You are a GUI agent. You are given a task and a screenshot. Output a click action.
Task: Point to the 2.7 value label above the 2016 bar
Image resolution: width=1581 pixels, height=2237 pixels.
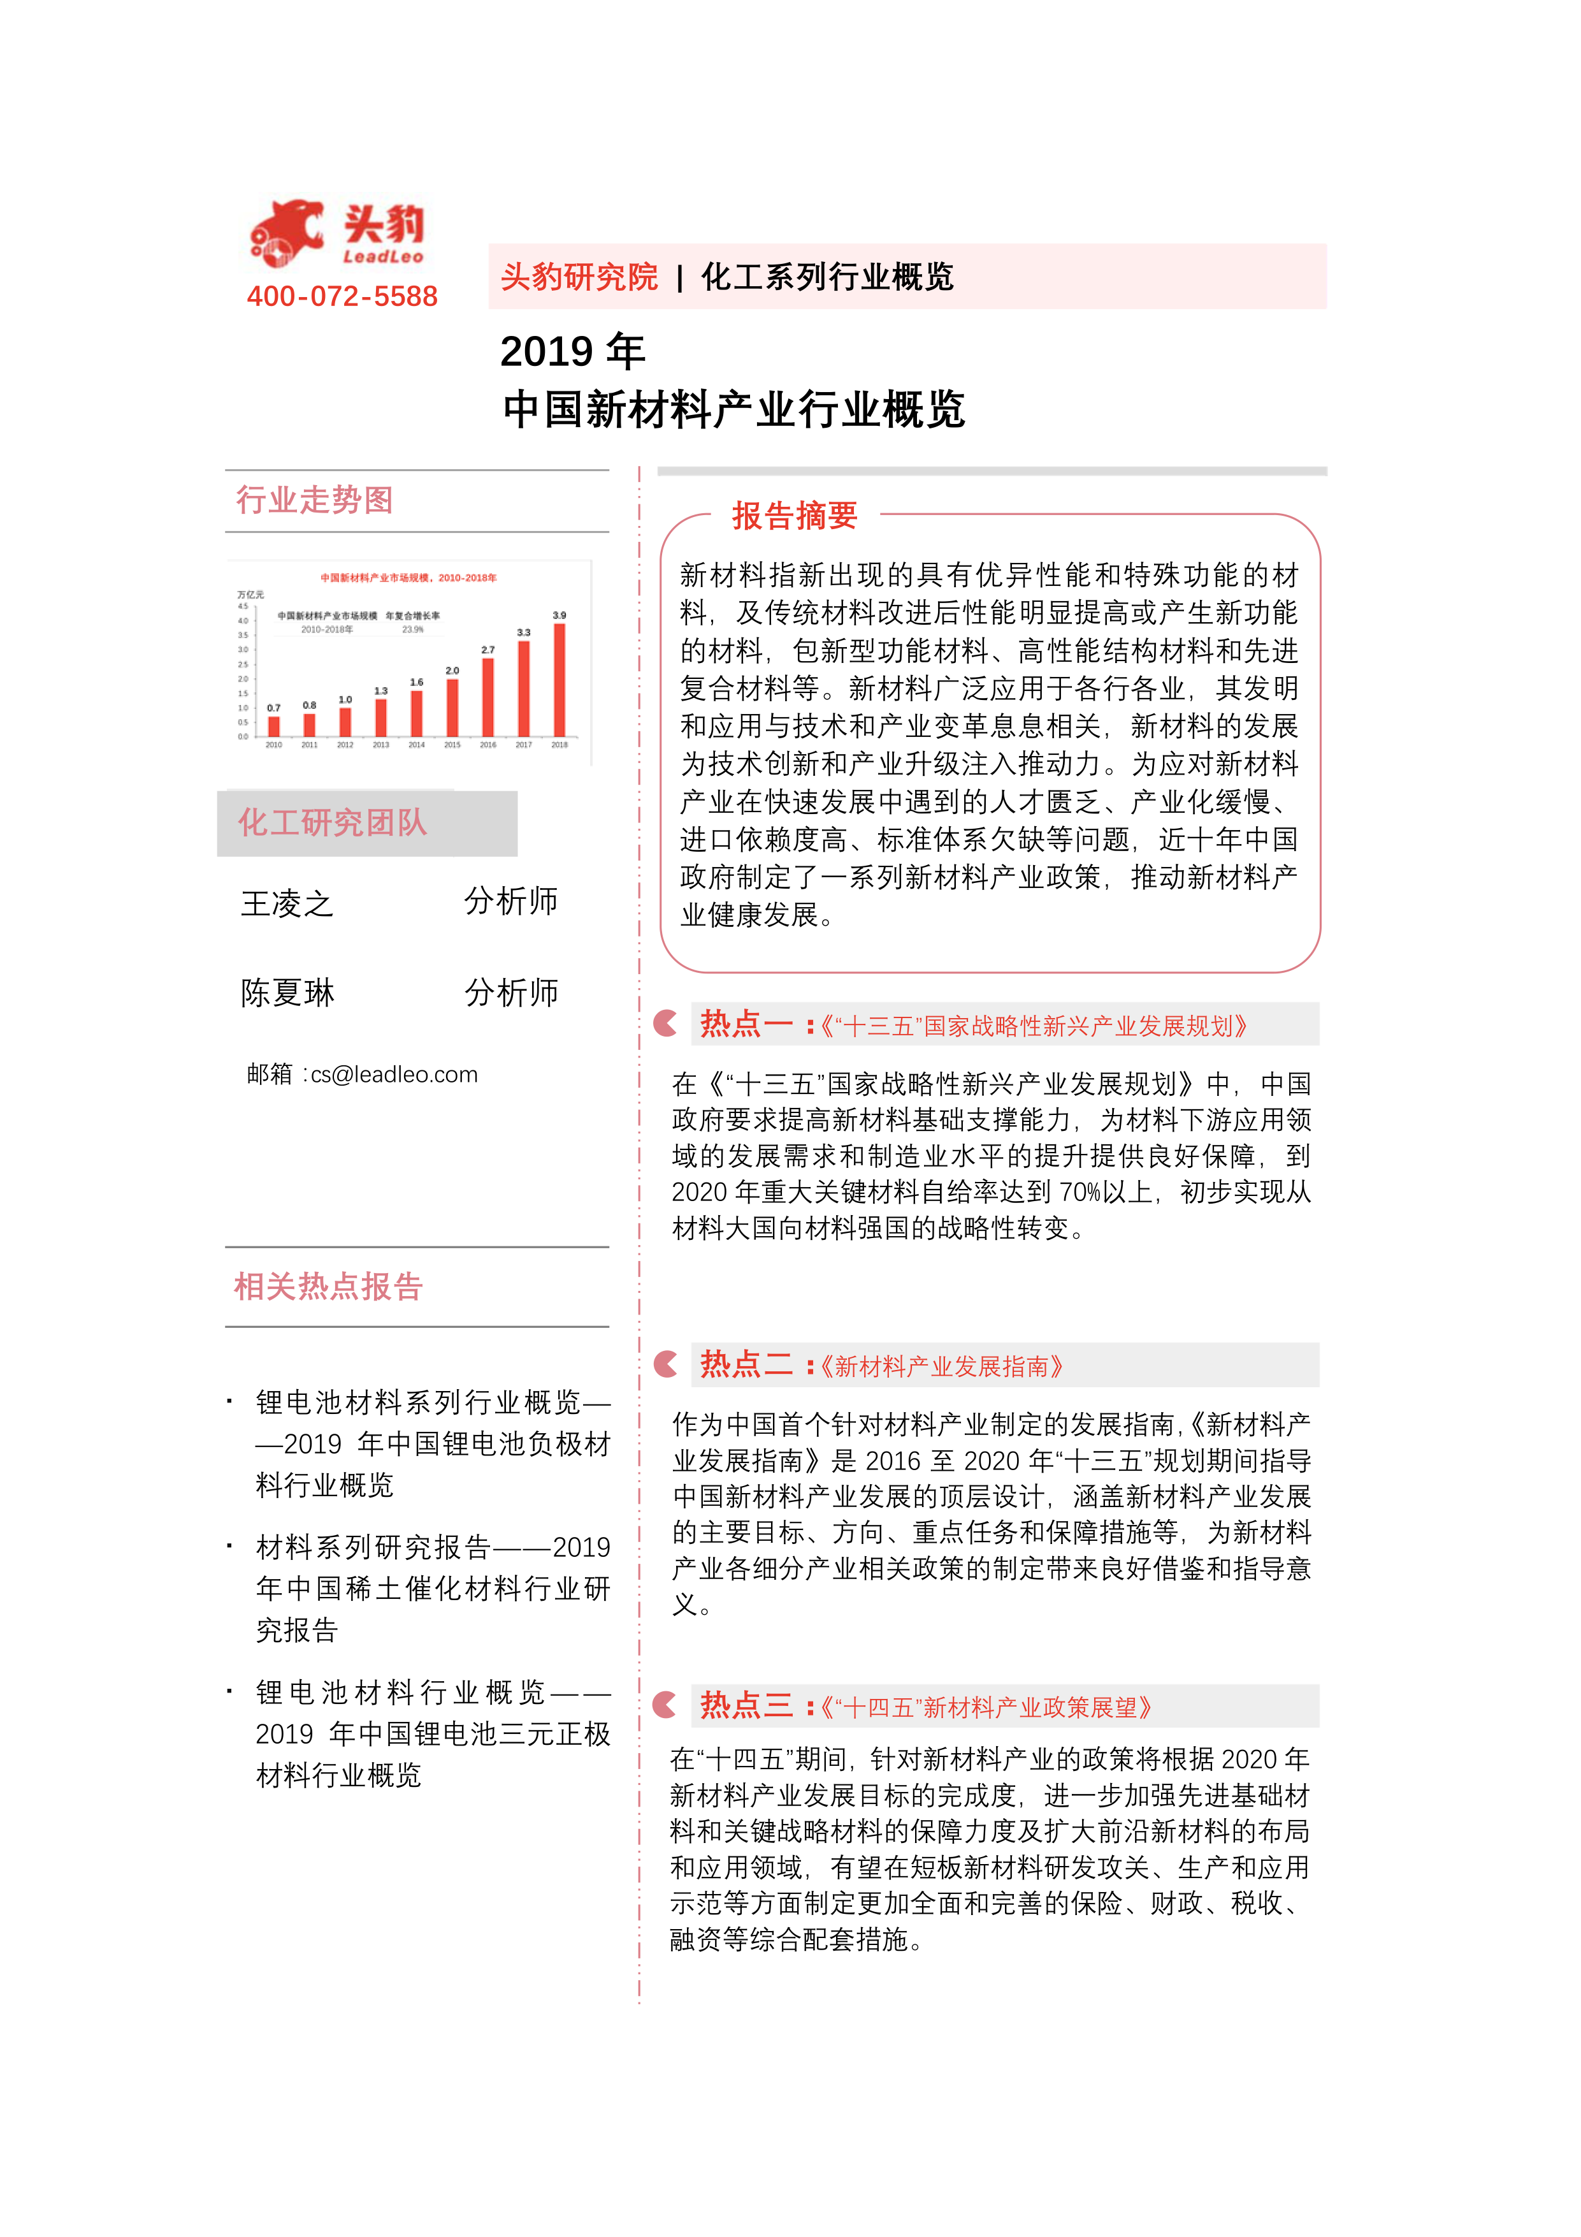[488, 649]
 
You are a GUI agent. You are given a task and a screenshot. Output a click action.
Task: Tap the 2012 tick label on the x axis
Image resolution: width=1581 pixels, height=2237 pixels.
[345, 745]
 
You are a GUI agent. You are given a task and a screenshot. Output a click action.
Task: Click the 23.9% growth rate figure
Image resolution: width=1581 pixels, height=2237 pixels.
[413, 629]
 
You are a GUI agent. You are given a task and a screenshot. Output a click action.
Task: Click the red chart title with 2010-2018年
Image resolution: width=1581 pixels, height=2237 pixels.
[408, 578]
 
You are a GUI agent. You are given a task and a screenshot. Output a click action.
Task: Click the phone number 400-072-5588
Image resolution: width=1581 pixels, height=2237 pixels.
[342, 296]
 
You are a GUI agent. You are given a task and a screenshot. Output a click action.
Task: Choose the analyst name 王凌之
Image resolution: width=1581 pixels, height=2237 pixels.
[287, 903]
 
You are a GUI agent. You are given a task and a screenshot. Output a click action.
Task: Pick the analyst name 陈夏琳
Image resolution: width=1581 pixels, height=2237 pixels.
[287, 993]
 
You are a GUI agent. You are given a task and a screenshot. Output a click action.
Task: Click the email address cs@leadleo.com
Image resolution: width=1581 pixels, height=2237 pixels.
[394, 1075]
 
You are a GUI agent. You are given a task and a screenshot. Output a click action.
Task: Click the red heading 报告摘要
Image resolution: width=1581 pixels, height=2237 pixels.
[795, 515]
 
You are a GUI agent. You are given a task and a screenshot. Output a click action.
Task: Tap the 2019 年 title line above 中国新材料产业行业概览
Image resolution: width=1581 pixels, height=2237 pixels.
[573, 352]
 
